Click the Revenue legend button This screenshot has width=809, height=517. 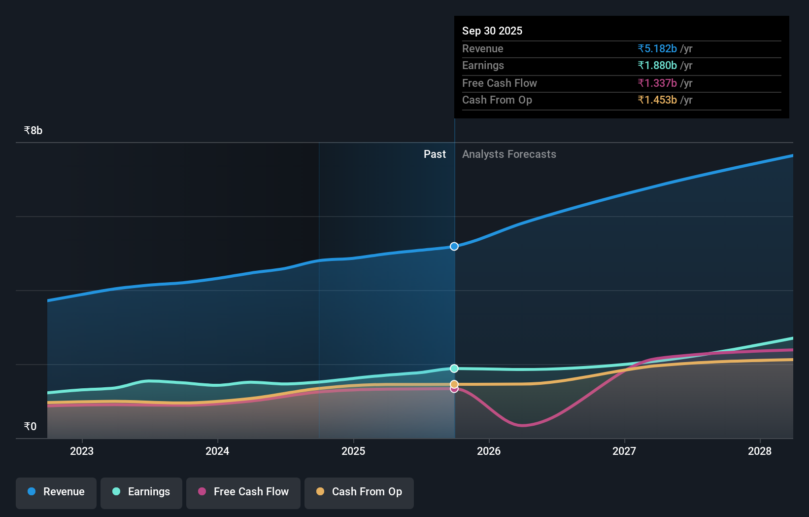click(x=56, y=492)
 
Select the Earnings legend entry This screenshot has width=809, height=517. click(x=141, y=492)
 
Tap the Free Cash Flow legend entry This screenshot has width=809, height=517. click(x=243, y=492)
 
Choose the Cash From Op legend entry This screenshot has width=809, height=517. click(x=359, y=492)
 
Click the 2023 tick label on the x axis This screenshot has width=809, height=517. click(x=82, y=451)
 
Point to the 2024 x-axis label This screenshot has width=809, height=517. click(x=217, y=451)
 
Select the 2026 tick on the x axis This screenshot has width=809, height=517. click(x=489, y=451)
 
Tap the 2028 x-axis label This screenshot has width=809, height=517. click(x=760, y=451)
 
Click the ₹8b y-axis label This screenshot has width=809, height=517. click(x=33, y=131)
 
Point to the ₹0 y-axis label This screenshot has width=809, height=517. click(x=30, y=427)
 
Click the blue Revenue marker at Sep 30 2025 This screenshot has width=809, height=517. click(x=454, y=246)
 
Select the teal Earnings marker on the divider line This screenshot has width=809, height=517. click(x=454, y=369)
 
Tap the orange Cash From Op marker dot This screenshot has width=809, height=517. click(x=454, y=384)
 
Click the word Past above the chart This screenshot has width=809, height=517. click(x=435, y=154)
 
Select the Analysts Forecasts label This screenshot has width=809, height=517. click(x=509, y=154)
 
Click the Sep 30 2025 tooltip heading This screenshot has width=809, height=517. click(x=492, y=31)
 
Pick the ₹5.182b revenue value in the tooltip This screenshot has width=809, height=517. click(x=657, y=49)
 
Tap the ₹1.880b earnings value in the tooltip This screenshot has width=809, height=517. click(x=657, y=66)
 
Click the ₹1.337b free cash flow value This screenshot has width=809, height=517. click(x=657, y=83)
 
